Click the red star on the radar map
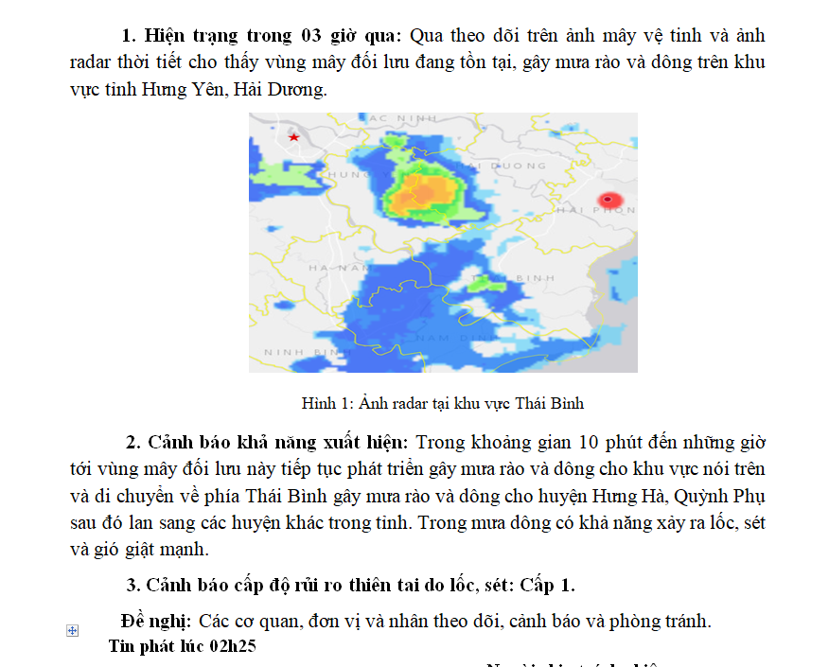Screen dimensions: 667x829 (294, 137)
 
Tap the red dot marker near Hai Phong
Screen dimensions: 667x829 (610, 200)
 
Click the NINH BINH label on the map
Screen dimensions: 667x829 (292, 352)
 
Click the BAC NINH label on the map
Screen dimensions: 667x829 (403, 118)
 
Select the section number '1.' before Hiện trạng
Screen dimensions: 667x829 (130, 36)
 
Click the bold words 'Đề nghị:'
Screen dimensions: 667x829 (156, 622)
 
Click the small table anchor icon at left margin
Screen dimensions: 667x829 (73, 630)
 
